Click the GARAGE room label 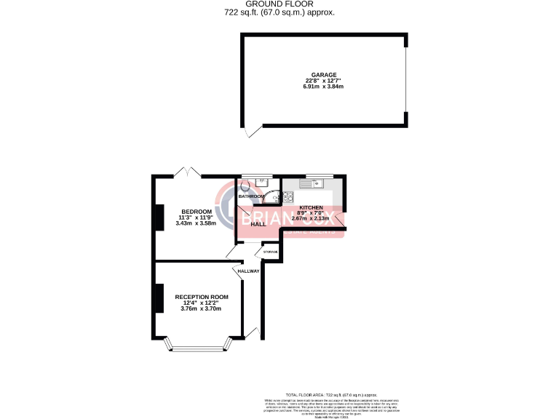(x=324, y=75)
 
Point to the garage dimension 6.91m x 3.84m (x=324, y=87)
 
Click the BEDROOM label (x=197, y=212)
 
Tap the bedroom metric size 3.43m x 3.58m (x=197, y=223)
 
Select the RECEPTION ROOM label (x=202, y=297)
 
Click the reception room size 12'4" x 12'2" (x=202, y=303)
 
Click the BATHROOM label (x=252, y=196)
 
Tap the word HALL (x=258, y=224)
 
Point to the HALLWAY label (x=249, y=271)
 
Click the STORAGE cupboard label (x=271, y=252)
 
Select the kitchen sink (x=319, y=183)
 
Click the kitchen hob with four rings (x=288, y=196)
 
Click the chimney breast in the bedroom (x=157, y=218)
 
